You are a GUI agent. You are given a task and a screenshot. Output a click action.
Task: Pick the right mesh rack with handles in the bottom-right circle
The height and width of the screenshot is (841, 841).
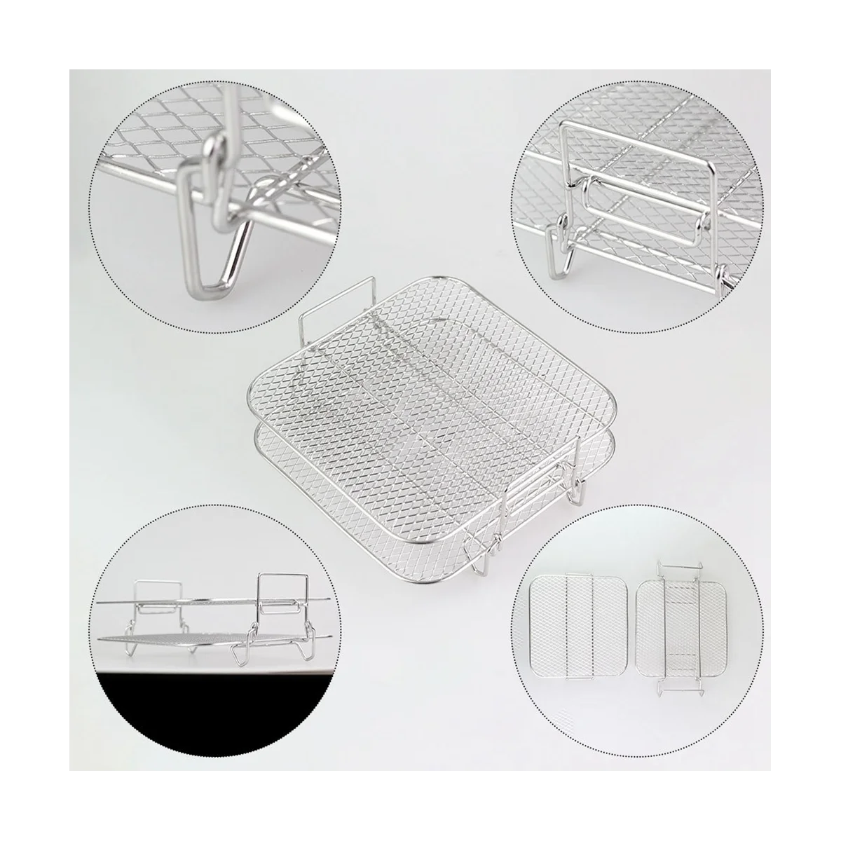(x=673, y=631)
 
